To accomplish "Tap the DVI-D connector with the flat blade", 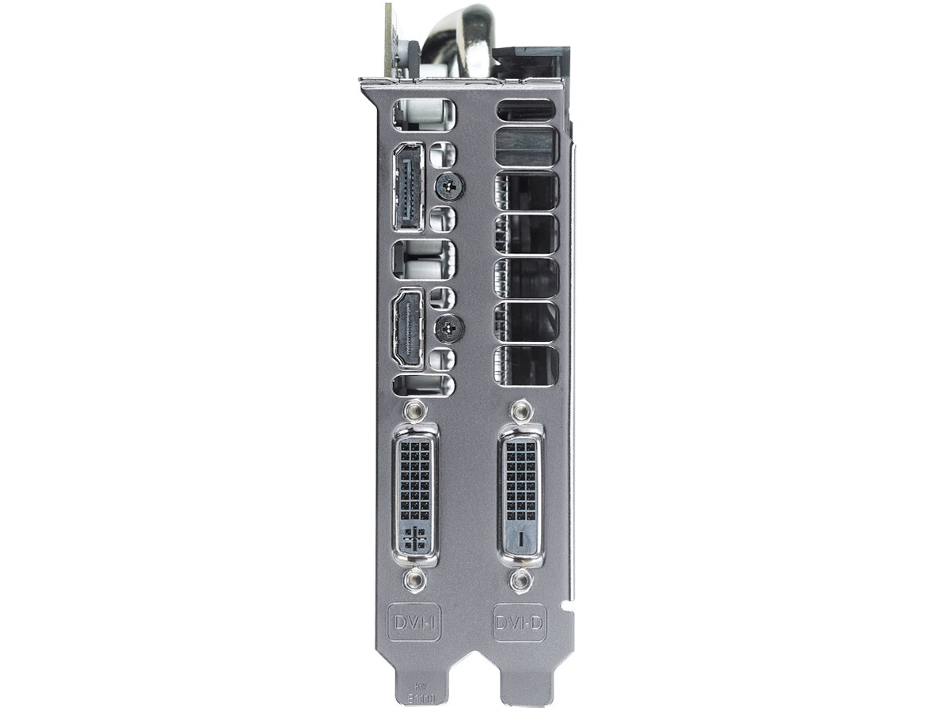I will (520, 497).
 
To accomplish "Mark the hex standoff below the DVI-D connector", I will (520, 583).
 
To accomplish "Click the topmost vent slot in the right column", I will (526, 110).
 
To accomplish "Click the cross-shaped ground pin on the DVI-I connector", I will (412, 541).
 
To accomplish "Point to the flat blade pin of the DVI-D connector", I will (520, 540).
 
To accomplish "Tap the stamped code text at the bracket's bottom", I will (417, 693).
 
